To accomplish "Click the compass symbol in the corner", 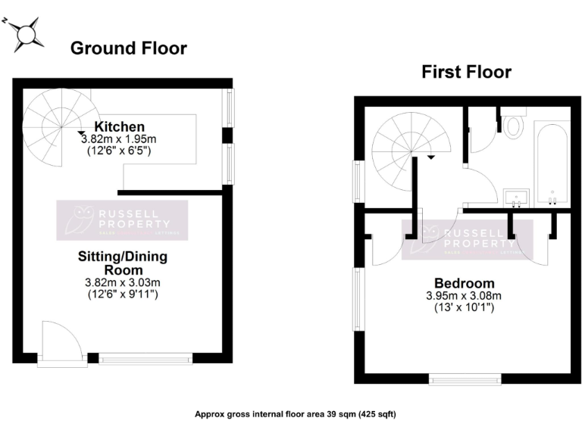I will coord(27,34).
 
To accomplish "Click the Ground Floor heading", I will coord(128,48).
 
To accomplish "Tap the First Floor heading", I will coord(466,72).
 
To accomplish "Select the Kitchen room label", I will coord(119,126).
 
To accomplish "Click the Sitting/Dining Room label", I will coord(123,263).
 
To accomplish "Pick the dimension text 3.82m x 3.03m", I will coord(122,282).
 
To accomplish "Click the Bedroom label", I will coord(464,282).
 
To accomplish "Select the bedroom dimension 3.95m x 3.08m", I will coord(464,295).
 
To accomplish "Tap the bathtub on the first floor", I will coord(552,162).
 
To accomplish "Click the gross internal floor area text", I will coord(296,414).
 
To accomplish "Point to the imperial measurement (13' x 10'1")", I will coord(464,307).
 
